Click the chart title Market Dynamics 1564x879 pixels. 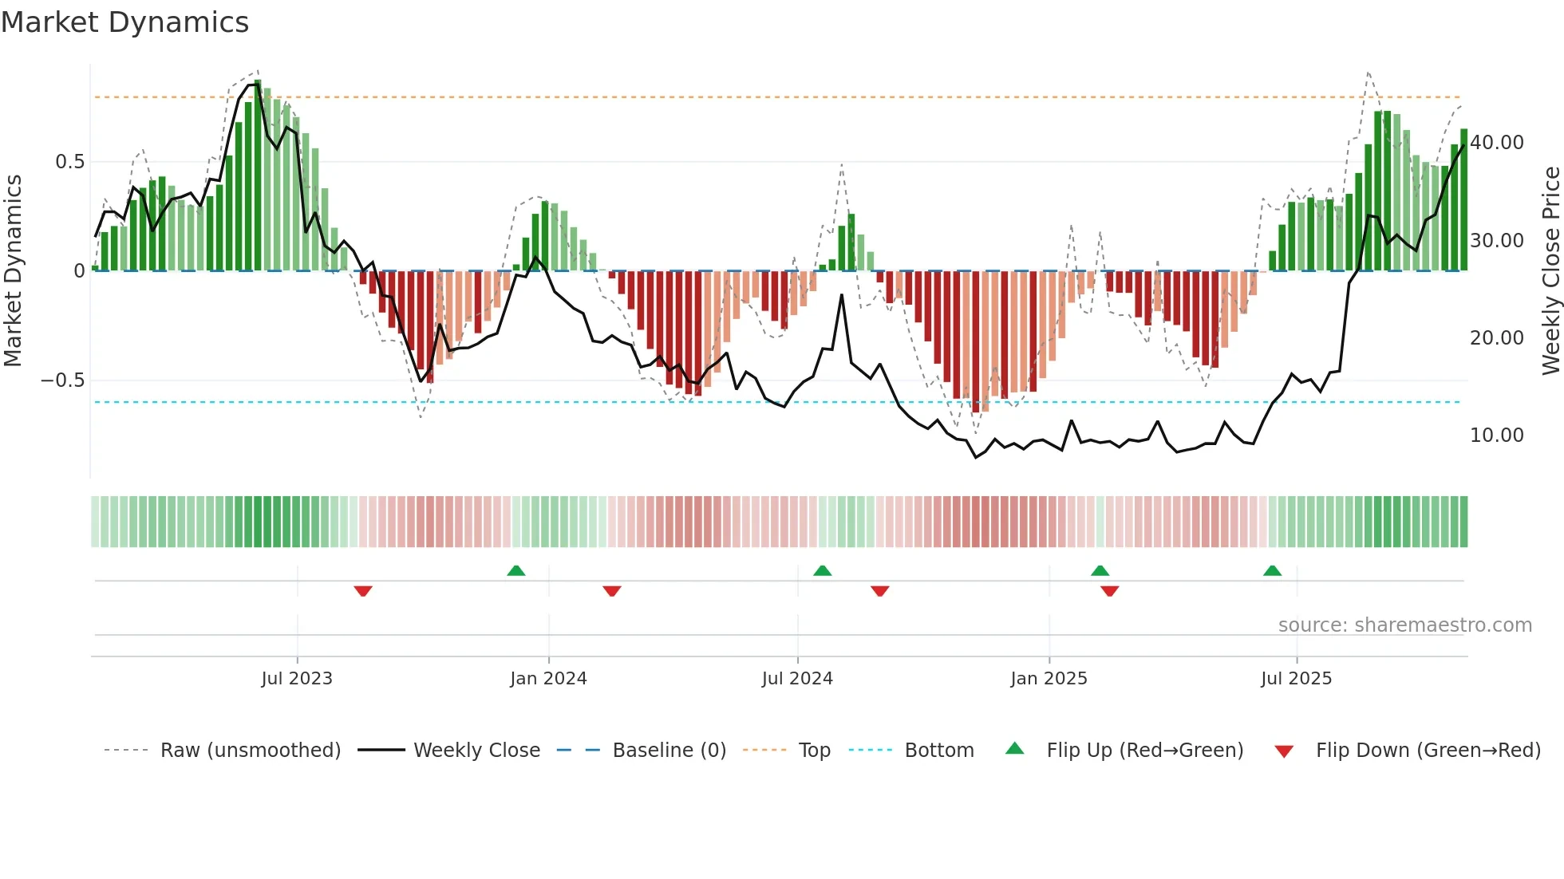[x=124, y=22]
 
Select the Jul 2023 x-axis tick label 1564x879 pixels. [x=297, y=679]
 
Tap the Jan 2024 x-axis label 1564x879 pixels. [x=548, y=679]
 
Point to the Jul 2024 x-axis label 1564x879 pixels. [x=797, y=679]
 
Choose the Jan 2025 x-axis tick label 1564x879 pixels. [x=1049, y=679]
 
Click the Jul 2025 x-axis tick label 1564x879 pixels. [x=1297, y=679]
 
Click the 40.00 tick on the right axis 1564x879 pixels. [x=1497, y=143]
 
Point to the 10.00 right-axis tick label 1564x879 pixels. [x=1497, y=436]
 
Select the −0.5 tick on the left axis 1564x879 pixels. [x=63, y=380]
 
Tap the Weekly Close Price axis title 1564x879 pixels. [x=1550, y=270]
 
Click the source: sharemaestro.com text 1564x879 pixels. [x=1404, y=625]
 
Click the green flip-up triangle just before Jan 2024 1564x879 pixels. [x=516, y=571]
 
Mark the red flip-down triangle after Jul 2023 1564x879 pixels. [x=363, y=591]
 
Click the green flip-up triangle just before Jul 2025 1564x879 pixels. [x=1273, y=571]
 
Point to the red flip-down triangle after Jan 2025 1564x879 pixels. [x=1110, y=591]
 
